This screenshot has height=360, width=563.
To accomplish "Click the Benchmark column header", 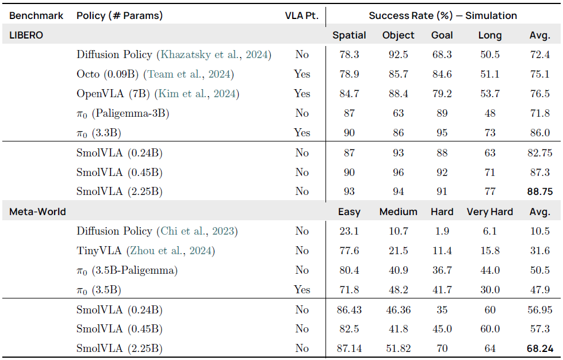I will [x=36, y=16].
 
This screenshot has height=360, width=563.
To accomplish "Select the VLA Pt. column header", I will [x=301, y=16].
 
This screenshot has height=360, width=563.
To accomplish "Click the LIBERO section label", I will [x=26, y=35].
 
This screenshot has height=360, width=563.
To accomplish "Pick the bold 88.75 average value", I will [x=539, y=192].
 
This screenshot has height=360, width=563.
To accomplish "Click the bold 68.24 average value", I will [x=539, y=348].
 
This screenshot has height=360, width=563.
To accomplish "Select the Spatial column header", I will [x=349, y=35].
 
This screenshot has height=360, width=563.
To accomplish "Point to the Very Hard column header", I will [x=489, y=212].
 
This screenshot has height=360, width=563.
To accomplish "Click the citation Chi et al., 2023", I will [x=197, y=231].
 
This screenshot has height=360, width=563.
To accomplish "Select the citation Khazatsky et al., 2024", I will [x=214, y=55].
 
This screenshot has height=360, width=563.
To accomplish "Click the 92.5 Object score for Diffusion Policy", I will [x=398, y=55].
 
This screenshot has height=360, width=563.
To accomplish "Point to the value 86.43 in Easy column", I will [x=349, y=310].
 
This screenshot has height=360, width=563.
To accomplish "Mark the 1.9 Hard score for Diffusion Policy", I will [x=442, y=231].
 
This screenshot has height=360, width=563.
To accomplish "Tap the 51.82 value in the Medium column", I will [x=398, y=348].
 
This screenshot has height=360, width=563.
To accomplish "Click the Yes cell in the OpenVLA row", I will [x=301, y=94].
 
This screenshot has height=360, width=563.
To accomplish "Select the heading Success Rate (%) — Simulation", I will [x=443, y=16].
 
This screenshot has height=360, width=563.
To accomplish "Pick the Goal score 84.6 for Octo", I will [x=442, y=74].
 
